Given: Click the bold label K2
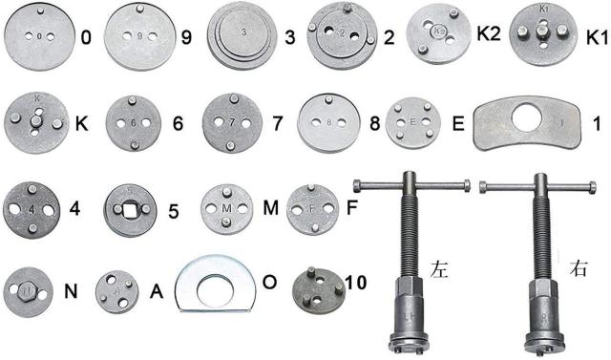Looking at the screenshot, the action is point(488,34).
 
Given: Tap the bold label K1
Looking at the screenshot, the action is point(597,38).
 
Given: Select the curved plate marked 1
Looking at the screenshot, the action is point(527,123).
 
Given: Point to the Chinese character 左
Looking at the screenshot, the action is point(439,269).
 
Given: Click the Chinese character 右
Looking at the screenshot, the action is point(578,268).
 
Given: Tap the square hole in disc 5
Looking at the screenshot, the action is point(131,211).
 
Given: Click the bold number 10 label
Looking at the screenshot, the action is point(355,282).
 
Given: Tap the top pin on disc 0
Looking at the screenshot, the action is point(40,11).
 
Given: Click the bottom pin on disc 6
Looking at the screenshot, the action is point(135,145).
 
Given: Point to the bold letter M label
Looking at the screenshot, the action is point(270,208).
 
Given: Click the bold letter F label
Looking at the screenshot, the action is point(351,208).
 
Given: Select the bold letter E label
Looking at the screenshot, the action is point(458,124).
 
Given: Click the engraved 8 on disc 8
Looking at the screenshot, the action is point(329,123).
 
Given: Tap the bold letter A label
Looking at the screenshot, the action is point(157,291).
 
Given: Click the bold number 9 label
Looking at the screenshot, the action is point(187,37).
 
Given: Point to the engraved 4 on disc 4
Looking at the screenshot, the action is point(32,209).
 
